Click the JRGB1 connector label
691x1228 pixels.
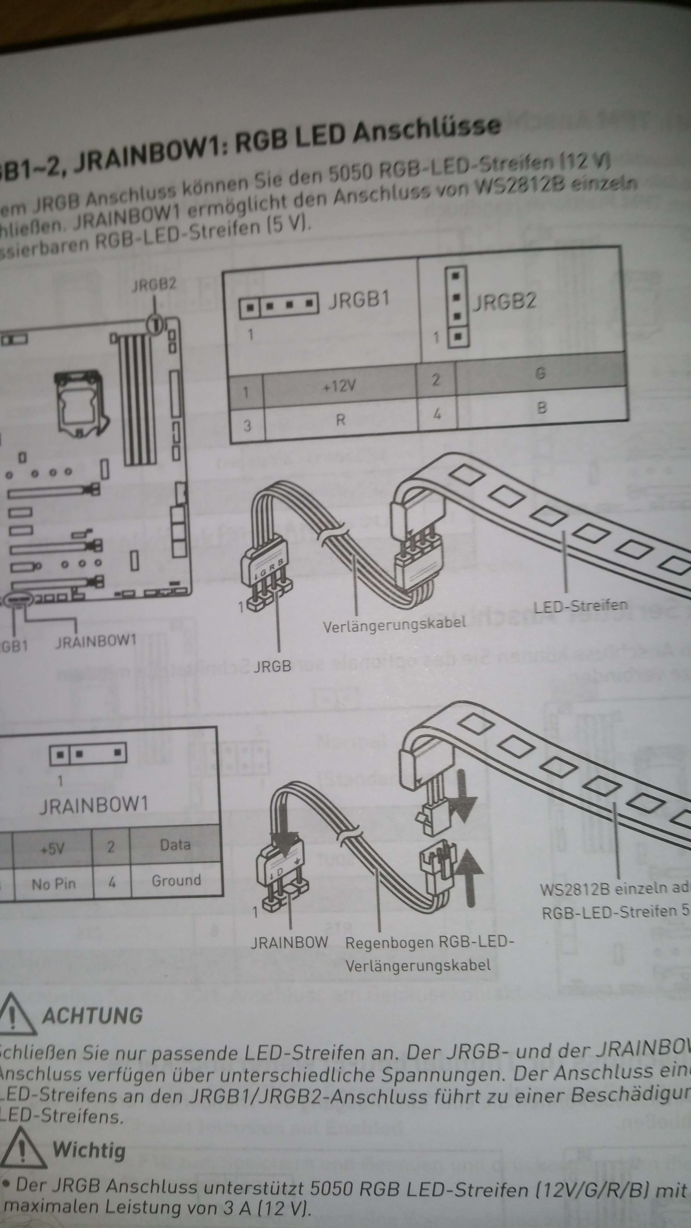click(x=359, y=300)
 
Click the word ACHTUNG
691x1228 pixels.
click(x=93, y=1015)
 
